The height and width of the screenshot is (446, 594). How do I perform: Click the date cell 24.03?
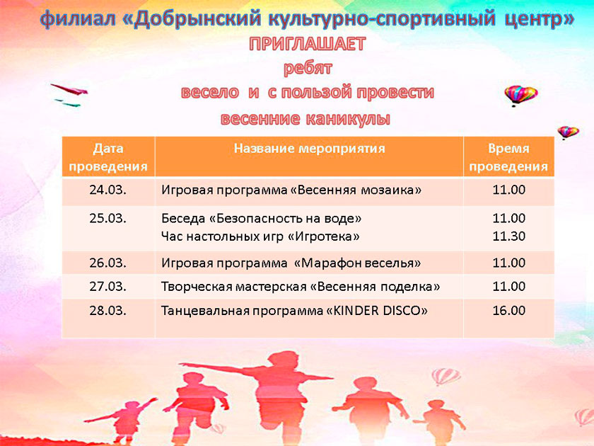108,190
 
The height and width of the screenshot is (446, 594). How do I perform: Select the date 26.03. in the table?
108,263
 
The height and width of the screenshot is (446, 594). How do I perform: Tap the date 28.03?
108,311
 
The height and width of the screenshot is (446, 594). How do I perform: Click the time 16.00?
508,311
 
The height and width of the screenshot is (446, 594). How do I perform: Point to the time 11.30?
508,236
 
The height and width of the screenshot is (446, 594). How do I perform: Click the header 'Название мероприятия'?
309,148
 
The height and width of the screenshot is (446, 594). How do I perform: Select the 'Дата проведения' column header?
108,157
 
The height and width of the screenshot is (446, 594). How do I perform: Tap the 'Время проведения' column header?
508,157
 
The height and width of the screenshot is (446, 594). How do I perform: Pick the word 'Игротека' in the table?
324,236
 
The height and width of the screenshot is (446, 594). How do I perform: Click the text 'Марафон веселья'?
357,263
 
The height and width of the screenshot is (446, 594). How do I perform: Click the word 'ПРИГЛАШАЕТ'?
307,44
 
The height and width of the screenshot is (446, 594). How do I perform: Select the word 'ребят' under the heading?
308,68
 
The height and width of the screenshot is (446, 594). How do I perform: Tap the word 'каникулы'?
348,119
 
